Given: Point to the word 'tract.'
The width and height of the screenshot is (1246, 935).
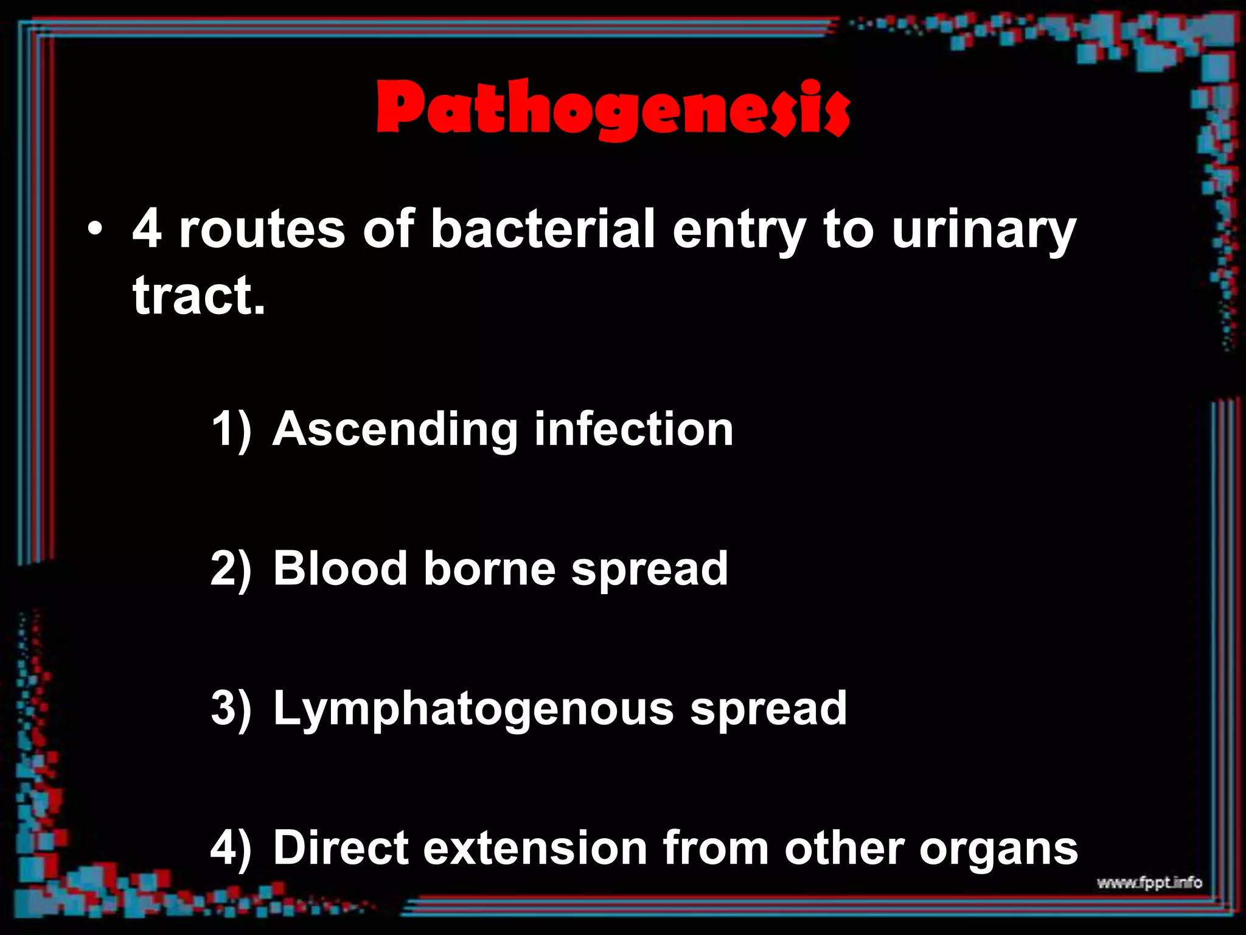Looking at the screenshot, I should (x=200, y=296).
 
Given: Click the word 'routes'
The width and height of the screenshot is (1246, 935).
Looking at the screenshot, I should (x=262, y=230).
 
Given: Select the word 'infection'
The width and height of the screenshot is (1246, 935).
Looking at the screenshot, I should (x=633, y=429).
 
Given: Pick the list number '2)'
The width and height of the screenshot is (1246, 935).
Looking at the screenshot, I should (x=231, y=569).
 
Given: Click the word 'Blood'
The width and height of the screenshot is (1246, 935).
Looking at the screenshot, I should (x=340, y=569).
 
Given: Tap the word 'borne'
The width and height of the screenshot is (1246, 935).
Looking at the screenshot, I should (x=489, y=569).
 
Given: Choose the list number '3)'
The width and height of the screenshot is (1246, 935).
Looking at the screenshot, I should (x=231, y=709).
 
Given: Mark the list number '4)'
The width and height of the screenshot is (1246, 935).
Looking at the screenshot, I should (x=231, y=848).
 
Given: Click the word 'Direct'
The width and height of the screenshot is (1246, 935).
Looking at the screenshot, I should (x=341, y=847).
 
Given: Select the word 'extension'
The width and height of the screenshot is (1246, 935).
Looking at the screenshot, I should (x=535, y=847).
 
